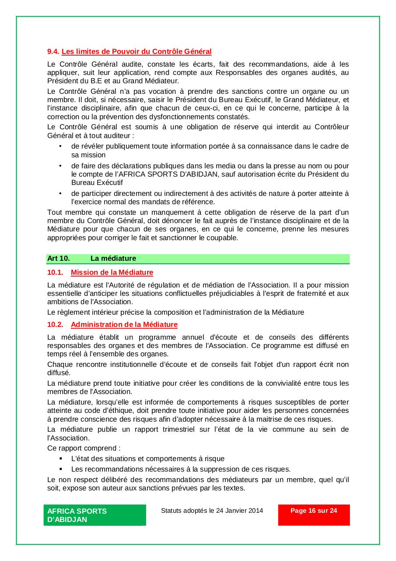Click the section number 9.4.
click(53, 52)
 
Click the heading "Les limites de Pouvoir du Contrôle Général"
click(137, 52)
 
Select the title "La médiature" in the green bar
click(113, 259)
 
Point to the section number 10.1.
click(55, 273)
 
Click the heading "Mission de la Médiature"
click(112, 273)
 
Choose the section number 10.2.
click(55, 325)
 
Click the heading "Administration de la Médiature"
click(124, 325)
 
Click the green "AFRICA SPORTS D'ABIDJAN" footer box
click(95, 515)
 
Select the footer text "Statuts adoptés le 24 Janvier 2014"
click(212, 511)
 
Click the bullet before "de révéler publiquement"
click(60, 146)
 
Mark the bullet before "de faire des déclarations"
click(60, 166)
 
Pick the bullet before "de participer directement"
click(60, 193)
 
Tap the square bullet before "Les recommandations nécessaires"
click(60, 469)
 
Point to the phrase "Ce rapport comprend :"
click(84, 448)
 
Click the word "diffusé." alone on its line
click(59, 373)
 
